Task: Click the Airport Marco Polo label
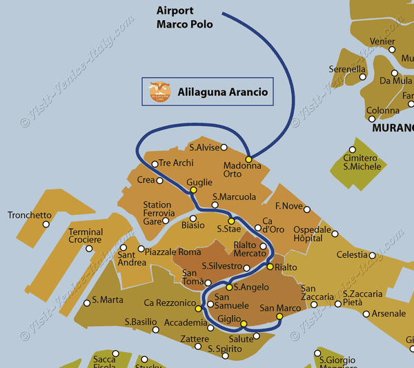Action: tap(185, 17)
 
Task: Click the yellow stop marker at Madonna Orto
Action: tap(249, 159)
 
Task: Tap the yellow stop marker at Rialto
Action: tap(270, 267)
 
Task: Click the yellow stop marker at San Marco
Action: tap(279, 317)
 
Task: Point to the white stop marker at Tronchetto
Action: tap(46, 224)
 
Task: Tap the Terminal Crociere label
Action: tap(86, 236)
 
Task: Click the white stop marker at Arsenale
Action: tap(365, 314)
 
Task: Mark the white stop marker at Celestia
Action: tap(373, 255)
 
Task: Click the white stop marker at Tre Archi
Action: tap(155, 164)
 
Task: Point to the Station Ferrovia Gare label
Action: tap(157, 213)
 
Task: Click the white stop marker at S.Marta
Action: tap(86, 302)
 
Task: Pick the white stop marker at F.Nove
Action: tap(307, 209)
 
